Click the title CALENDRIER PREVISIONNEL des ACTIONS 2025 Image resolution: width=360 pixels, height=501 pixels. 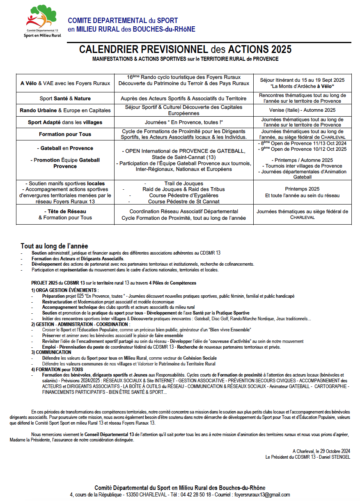click(185, 50)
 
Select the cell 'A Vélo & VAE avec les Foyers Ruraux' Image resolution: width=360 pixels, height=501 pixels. click(65, 83)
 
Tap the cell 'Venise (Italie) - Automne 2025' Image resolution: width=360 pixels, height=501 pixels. click(303, 110)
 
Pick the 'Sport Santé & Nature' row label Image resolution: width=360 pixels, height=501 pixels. click(65, 99)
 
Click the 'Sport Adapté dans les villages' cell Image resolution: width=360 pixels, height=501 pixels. click(65, 122)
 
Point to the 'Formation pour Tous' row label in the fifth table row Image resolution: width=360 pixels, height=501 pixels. click(65, 134)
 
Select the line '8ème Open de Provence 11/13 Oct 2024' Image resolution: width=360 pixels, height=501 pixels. click(304, 144)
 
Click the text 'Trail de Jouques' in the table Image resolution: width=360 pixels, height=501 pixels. click(183, 183)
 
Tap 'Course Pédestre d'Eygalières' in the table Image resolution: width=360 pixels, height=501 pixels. click(183, 195)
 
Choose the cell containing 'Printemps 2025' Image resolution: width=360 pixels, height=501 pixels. click(303, 192)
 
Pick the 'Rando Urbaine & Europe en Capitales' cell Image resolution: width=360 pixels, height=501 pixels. click(65, 110)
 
